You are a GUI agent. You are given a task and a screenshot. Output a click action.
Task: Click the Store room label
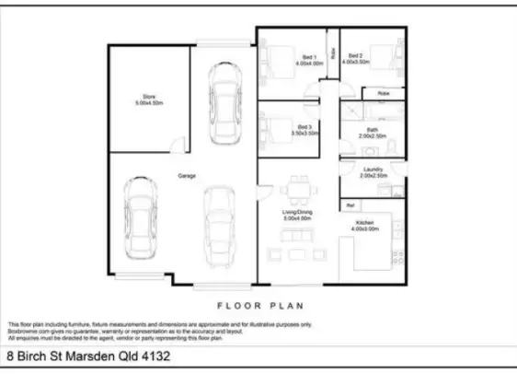click(x=149, y=99)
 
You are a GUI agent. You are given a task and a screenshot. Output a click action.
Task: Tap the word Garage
click(x=186, y=175)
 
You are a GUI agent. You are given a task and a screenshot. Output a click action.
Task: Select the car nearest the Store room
click(x=224, y=104)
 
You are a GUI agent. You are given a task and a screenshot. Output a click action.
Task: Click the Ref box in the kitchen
click(x=350, y=204)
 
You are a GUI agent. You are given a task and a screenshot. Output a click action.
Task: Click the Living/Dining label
click(x=296, y=215)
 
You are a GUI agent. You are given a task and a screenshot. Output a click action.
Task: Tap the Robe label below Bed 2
click(x=383, y=93)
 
